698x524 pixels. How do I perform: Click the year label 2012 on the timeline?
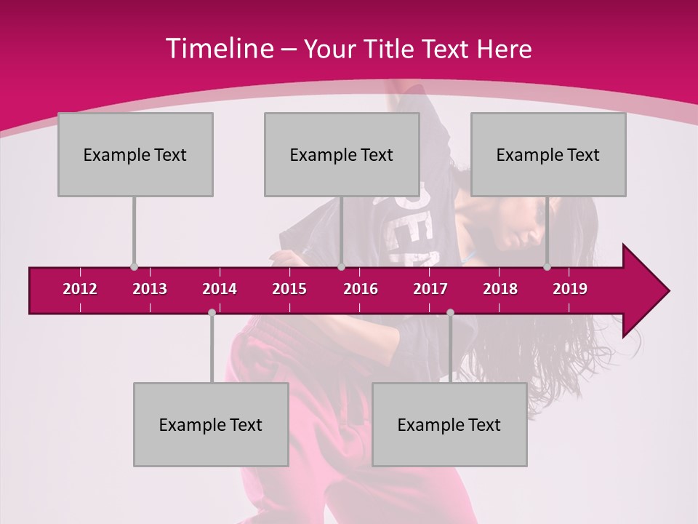click(80, 289)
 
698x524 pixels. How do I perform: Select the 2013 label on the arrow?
click(150, 289)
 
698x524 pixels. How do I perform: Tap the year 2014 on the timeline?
click(220, 289)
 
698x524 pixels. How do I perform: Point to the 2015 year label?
click(289, 289)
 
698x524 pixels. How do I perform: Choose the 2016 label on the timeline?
click(361, 289)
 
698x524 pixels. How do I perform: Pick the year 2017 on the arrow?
click(430, 289)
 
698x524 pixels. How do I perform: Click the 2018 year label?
click(500, 289)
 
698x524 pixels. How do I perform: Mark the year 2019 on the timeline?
click(570, 289)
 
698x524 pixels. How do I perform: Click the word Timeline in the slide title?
click(220, 49)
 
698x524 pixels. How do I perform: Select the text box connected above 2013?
click(135, 154)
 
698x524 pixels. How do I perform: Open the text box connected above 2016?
click(342, 154)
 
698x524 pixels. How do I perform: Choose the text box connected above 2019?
click(548, 154)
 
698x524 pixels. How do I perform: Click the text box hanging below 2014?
click(211, 424)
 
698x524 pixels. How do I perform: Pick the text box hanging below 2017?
click(449, 424)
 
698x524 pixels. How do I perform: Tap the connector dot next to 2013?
click(134, 267)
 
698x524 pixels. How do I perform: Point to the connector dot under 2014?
click(212, 312)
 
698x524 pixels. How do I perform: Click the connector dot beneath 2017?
click(450, 312)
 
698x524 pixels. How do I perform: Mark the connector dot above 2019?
click(547, 267)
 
